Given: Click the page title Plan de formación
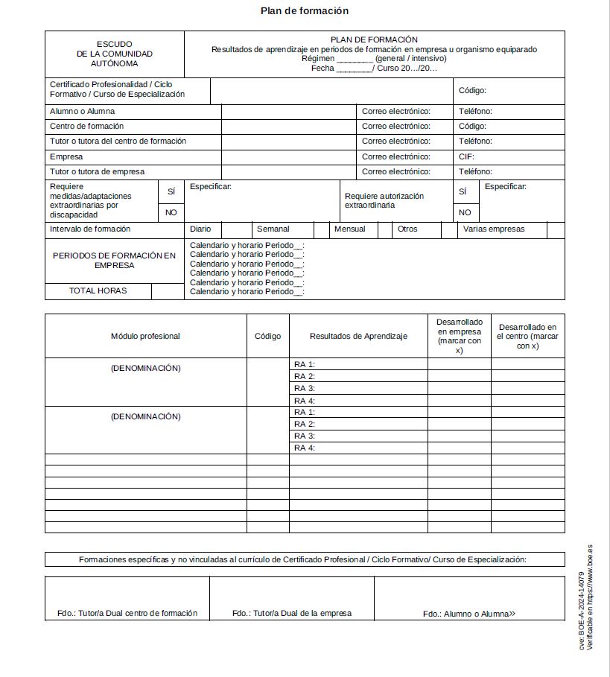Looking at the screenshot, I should pos(304,11).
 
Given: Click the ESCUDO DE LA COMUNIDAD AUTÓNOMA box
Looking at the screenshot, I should pos(114,54).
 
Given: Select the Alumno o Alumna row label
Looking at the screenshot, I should pos(83,112).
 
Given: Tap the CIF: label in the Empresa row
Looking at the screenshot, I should pos(466,157).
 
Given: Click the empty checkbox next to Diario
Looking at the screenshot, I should pos(236,229).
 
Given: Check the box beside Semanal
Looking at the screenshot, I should pos(321,229).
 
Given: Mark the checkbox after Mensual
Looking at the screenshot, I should pos(384,229).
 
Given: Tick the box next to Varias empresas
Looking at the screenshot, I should pos(556,229).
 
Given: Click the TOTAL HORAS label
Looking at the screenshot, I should pos(98,291).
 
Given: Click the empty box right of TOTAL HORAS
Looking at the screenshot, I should pos(168,291).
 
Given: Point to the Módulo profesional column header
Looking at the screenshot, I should pos(145,337).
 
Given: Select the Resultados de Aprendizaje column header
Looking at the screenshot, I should pos(358,337).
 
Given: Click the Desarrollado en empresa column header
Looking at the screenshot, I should pos(459,336).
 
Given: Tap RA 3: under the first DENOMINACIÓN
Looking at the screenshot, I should pos(305,389).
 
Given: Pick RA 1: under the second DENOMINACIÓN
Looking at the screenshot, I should pos(305,412).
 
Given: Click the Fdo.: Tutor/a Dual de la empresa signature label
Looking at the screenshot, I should pos(291,614).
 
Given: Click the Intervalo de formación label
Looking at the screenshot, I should pos(90,229).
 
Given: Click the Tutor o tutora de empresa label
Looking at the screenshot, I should pos(98,172).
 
